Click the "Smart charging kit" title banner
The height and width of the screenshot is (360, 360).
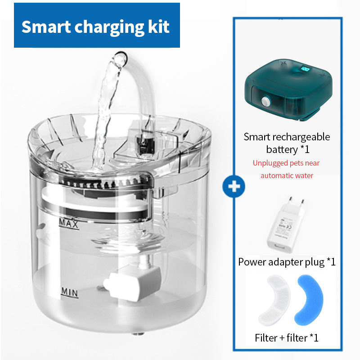click(97, 26)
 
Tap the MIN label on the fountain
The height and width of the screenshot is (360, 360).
click(69, 293)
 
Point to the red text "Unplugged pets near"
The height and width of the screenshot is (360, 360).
click(286, 163)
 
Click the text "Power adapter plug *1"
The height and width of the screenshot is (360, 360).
click(287, 261)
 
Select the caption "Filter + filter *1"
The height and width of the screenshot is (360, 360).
click(287, 337)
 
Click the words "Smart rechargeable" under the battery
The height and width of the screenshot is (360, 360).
click(287, 137)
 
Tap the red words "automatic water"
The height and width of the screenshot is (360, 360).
click(287, 175)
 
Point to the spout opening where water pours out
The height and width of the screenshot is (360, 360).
click(119, 59)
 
